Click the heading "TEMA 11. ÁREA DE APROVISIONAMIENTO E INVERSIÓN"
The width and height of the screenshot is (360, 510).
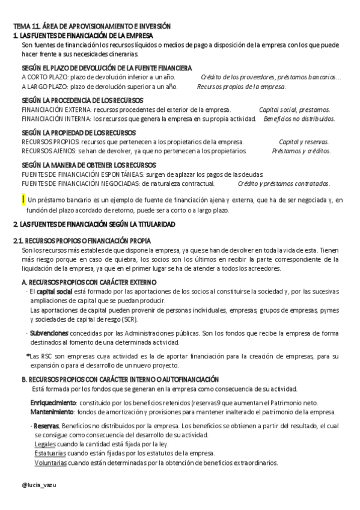(92, 26)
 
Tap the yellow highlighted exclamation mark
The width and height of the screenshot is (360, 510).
(22, 199)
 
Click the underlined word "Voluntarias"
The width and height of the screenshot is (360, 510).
(50, 463)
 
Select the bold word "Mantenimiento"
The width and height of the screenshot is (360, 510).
(52, 411)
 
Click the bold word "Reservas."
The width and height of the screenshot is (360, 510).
(47, 425)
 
